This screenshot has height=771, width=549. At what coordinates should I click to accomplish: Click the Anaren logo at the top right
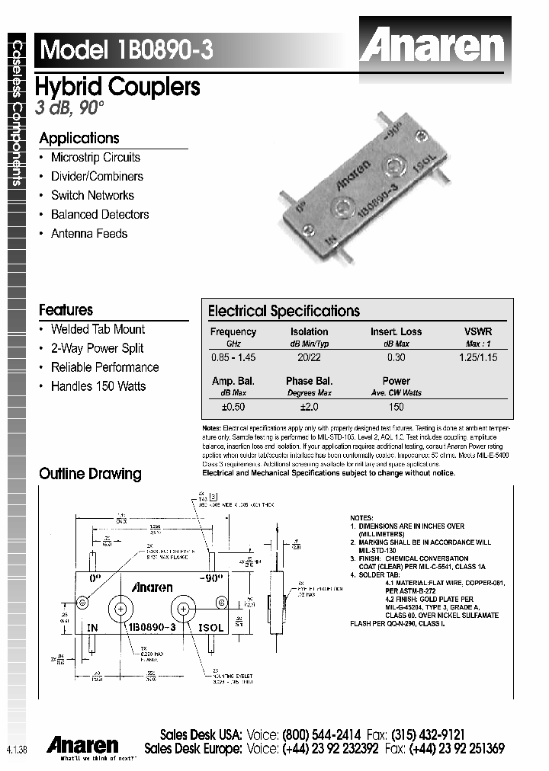pos(432,46)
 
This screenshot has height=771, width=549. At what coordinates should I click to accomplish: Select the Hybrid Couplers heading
pos(118,87)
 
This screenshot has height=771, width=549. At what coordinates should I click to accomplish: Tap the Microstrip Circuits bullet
pos(95,158)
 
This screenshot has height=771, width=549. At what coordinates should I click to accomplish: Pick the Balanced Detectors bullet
pos(100,215)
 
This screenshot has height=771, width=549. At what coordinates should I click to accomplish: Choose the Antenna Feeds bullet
pos(89,234)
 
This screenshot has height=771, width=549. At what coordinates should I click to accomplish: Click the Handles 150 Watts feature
pos(98,386)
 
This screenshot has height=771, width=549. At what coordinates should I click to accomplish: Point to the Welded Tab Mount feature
pos(98,329)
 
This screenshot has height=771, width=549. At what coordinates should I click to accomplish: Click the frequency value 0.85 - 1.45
pos(233,357)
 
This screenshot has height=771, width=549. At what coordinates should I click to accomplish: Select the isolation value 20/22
pos(309,357)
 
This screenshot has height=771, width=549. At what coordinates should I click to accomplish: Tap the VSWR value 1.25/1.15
pos(478,357)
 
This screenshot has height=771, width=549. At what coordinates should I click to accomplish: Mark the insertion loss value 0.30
pos(396,357)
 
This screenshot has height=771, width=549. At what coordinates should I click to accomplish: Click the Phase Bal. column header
pos(309,381)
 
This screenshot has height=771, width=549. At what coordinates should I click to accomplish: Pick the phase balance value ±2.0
pos(309,407)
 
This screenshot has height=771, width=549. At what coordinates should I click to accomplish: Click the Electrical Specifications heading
pos(284,311)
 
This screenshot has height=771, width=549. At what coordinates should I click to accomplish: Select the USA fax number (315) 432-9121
pos(427,734)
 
